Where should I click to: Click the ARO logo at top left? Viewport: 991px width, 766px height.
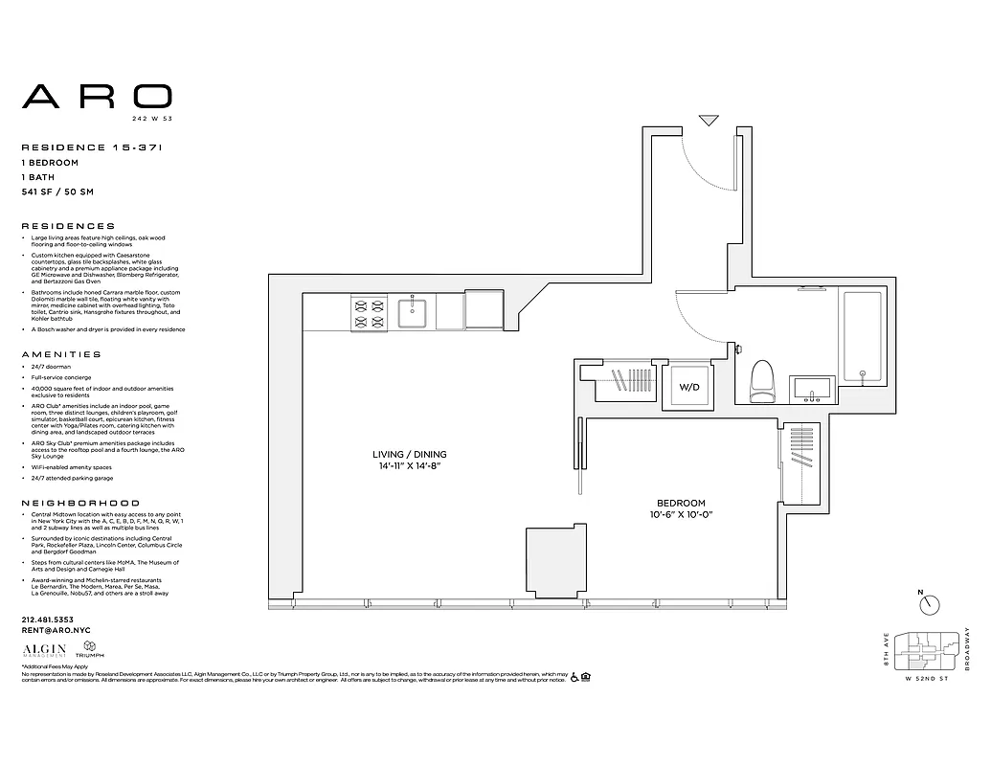click(x=97, y=96)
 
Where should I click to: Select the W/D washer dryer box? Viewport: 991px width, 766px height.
click(x=688, y=388)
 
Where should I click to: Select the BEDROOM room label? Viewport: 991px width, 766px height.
click(x=681, y=504)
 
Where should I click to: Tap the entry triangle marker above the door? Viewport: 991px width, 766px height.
click(x=709, y=121)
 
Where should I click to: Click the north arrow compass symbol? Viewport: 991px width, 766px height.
click(x=928, y=605)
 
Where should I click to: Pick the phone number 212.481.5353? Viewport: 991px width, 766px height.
click(x=47, y=620)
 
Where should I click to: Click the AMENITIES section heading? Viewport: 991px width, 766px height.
click(x=60, y=354)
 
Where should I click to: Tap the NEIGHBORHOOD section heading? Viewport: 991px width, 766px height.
click(x=80, y=503)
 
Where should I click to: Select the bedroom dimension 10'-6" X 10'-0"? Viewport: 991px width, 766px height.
click(x=681, y=515)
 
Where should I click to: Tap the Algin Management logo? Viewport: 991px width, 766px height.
click(x=41, y=650)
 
